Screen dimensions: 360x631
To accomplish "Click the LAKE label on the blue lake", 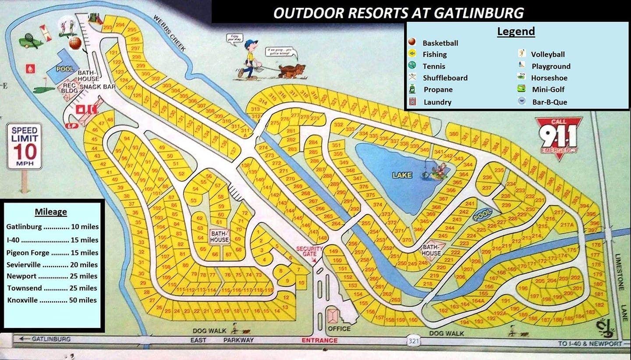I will [x=402, y=175].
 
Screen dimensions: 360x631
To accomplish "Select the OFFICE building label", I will [x=339, y=328].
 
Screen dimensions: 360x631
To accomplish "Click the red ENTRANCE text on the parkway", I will [x=319, y=340].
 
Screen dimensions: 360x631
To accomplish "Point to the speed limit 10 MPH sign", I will [x=25, y=146].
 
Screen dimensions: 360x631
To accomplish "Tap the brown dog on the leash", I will [x=293, y=71].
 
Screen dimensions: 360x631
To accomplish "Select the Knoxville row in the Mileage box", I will [x=52, y=300].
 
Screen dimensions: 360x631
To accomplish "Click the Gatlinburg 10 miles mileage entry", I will [x=52, y=227].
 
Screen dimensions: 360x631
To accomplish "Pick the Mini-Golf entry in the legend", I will [x=547, y=89].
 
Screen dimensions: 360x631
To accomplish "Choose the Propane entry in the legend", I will [x=437, y=89].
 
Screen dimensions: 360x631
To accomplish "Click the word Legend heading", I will [x=516, y=32].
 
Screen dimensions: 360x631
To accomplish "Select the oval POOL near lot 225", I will [x=482, y=215].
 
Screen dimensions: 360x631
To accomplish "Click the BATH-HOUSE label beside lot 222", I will [x=431, y=250].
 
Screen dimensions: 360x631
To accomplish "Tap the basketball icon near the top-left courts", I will [x=75, y=43].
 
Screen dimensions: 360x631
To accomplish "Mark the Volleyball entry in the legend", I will [x=547, y=54].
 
